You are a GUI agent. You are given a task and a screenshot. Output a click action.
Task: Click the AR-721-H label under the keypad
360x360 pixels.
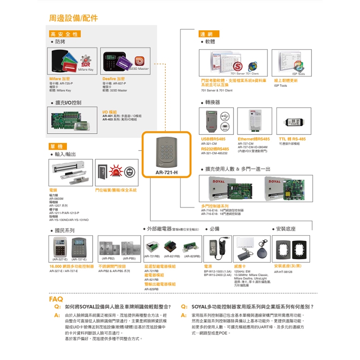click(x=166, y=172)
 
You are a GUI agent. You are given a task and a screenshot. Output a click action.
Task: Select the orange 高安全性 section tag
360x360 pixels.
click(x=65, y=34)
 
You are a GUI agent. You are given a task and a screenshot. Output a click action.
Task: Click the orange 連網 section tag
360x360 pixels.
click(x=206, y=34)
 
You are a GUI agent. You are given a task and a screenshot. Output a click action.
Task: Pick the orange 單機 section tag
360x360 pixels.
click(x=58, y=147)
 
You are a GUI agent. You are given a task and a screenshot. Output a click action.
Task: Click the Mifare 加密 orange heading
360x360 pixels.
click(x=59, y=79)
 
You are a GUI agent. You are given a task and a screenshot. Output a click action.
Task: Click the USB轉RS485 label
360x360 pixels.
click(x=213, y=139)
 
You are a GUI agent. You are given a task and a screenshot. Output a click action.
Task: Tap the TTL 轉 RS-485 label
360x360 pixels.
click(x=292, y=139)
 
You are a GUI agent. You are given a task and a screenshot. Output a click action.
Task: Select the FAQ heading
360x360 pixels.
click(x=56, y=299)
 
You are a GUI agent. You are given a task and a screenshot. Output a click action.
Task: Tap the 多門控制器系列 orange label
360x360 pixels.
click(x=215, y=206)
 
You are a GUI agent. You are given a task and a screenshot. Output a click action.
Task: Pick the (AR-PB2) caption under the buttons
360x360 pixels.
click(x=109, y=258)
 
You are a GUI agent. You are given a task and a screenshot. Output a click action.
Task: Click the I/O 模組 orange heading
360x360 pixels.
click(x=110, y=112)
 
